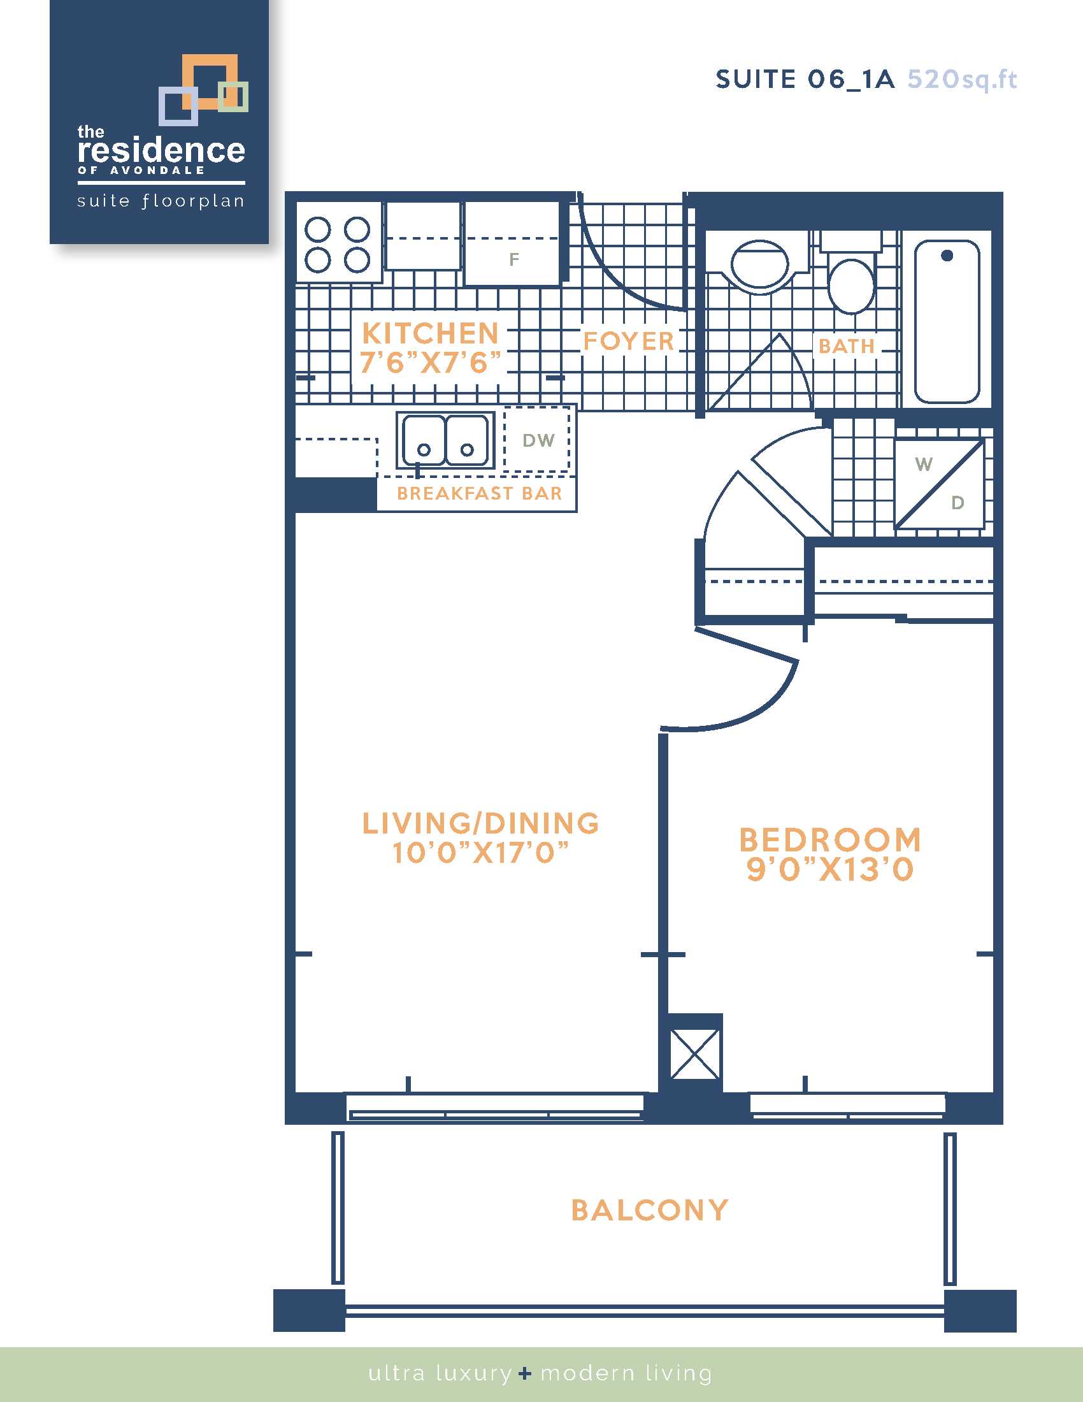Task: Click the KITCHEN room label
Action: [x=431, y=333]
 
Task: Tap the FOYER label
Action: [x=628, y=341]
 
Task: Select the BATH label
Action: [x=847, y=346]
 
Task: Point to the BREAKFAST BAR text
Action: [x=479, y=493]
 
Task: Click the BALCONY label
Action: [x=650, y=1211]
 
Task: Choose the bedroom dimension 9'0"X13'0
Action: [x=830, y=869]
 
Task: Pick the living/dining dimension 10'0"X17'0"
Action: [x=480, y=853]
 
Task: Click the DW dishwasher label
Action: [x=538, y=440]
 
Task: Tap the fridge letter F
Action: [x=514, y=259]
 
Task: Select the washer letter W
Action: [x=924, y=463]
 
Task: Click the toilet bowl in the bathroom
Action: [x=851, y=285]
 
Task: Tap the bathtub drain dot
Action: [x=947, y=256]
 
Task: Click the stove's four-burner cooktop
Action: [x=338, y=245]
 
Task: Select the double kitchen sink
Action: [x=445, y=440]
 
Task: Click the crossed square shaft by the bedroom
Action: [x=695, y=1054]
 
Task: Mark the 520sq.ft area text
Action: [x=963, y=80]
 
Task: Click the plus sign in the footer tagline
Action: [x=526, y=1373]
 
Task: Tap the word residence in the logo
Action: [x=161, y=151]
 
